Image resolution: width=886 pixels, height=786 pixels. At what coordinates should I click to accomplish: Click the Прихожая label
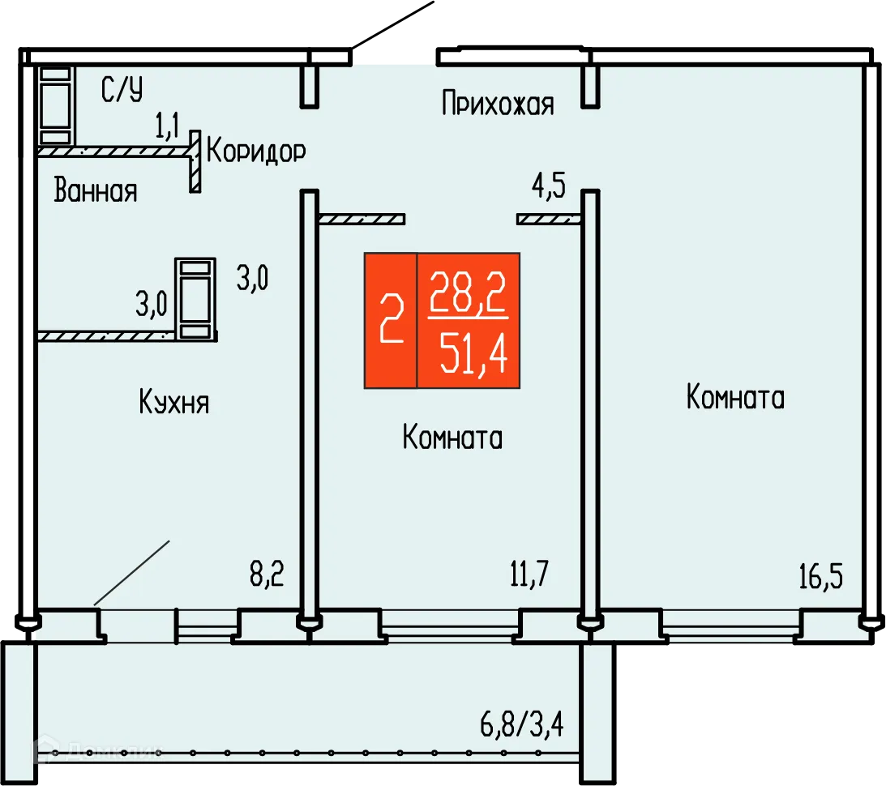pos(498,105)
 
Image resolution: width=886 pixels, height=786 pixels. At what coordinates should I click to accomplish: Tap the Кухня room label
pos(173,402)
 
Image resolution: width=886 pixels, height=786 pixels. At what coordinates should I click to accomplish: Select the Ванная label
pos(96,192)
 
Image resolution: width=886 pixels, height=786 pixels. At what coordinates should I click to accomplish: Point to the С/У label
pos(122,90)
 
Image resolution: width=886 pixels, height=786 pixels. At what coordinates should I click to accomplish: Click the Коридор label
pos(256,152)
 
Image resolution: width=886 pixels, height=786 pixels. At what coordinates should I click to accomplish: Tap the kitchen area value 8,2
pos(265,577)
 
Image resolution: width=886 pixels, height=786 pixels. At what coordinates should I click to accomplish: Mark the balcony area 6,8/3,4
pos(521,722)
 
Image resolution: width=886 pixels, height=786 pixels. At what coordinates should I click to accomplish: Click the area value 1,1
pos(168,126)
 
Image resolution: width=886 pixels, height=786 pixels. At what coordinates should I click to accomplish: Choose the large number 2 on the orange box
pos(391,320)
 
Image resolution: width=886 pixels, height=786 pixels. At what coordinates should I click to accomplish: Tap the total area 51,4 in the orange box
pos(473,355)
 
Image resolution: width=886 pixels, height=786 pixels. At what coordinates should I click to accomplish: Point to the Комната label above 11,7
pos(452,438)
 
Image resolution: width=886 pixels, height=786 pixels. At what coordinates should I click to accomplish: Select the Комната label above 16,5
pos(735,398)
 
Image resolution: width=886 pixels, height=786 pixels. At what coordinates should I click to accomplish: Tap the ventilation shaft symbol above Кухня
pos(195,297)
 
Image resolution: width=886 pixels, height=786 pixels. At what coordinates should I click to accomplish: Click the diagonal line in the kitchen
pos(131,572)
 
